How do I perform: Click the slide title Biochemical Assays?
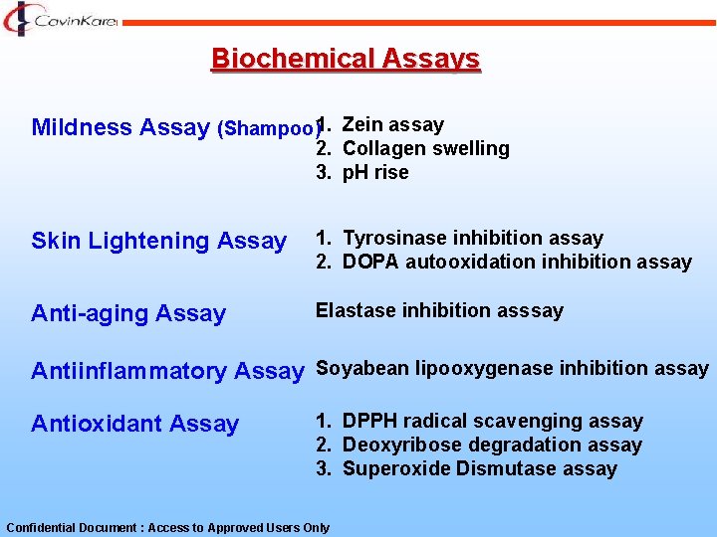pyautogui.click(x=346, y=59)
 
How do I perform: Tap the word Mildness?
pyautogui.click(x=82, y=127)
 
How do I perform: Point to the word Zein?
pyautogui.click(x=362, y=124)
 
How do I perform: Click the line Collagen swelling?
pyautogui.click(x=425, y=148)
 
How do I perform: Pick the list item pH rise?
pyautogui.click(x=375, y=172)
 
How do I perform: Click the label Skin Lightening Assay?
pyautogui.click(x=158, y=241)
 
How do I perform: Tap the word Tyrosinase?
pyautogui.click(x=394, y=238)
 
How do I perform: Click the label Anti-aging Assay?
pyautogui.click(x=128, y=313)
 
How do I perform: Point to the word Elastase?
pyautogui.click(x=356, y=310)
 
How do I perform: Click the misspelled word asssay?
pyautogui.click(x=532, y=310)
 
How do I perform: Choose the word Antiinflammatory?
pyautogui.click(x=129, y=371)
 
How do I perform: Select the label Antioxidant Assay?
pyautogui.click(x=134, y=424)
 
